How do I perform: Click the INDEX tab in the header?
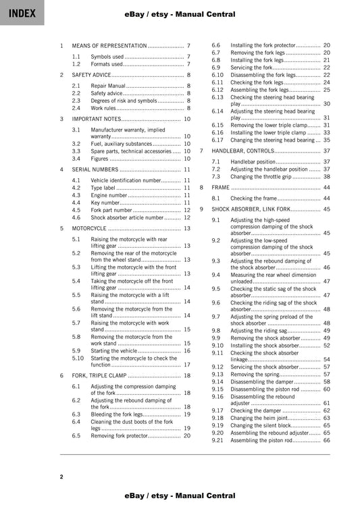[22, 13]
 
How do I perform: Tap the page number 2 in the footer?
[61, 477]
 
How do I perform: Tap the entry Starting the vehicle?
[114, 351]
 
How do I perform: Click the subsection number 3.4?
[76, 159]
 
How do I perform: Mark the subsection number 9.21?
[217, 440]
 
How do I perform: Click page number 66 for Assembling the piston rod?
[326, 440]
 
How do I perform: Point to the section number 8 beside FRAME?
[201, 187]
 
